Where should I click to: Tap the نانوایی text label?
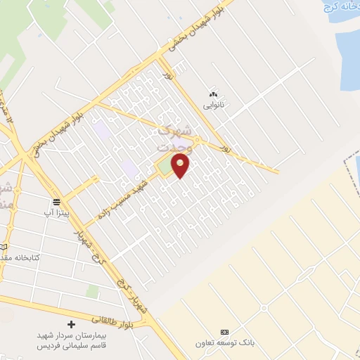click(x=213, y=105)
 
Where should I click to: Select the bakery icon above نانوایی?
click(x=213, y=94)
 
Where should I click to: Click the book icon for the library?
click(x=4, y=247)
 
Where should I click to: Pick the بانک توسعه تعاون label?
click(x=224, y=343)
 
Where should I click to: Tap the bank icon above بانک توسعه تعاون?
click(x=225, y=332)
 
